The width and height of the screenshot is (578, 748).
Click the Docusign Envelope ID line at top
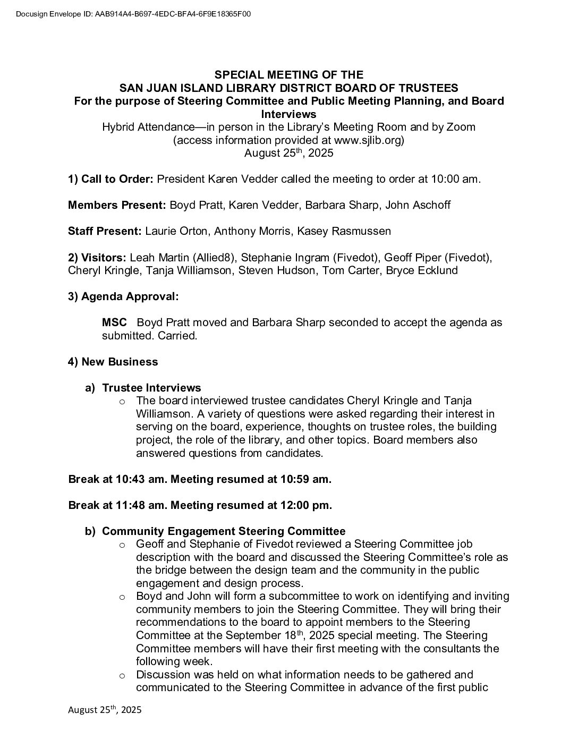[x=133, y=14]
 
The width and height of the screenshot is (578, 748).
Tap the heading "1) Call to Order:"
[x=110, y=179]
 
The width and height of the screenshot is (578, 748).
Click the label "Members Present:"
[x=116, y=205]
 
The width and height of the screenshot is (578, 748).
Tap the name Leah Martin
[x=159, y=257]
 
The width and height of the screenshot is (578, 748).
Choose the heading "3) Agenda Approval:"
[x=123, y=296]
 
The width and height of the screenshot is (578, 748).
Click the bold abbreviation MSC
[x=114, y=322]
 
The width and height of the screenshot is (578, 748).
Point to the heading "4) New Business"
[x=113, y=362]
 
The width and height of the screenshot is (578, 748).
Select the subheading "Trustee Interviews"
[x=151, y=388]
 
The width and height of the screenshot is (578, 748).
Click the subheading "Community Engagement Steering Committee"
[x=224, y=531]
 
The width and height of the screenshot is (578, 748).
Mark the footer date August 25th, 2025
[x=105, y=710]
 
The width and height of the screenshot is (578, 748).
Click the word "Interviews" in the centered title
[x=288, y=114]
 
